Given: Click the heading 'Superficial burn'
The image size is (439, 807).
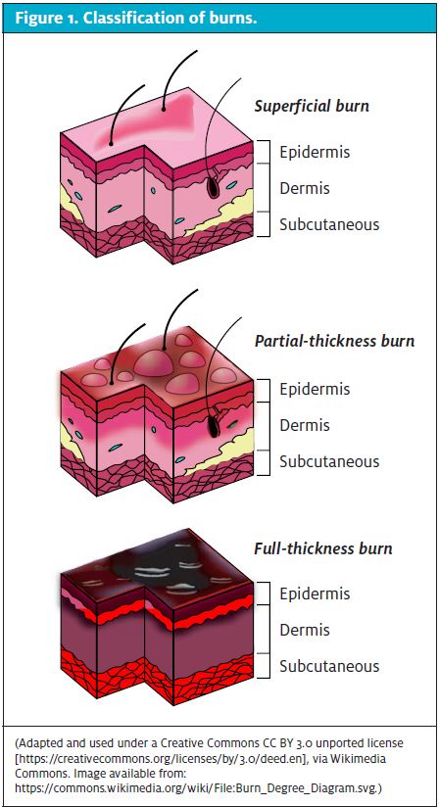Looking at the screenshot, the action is [x=312, y=106].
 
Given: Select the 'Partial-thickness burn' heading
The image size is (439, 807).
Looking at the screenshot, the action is [x=334, y=341].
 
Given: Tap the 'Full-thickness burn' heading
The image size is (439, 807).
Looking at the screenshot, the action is [x=323, y=548].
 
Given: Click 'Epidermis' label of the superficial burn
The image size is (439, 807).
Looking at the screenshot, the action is [x=315, y=153].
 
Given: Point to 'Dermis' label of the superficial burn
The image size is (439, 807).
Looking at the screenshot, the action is [x=304, y=188].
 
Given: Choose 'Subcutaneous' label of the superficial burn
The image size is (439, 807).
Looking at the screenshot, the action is [x=329, y=224].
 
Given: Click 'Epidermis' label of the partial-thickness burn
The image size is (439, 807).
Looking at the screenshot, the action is [x=315, y=389].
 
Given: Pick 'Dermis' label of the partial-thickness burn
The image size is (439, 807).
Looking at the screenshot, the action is [x=304, y=425].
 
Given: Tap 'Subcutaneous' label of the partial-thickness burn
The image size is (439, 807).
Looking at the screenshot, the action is [x=329, y=461].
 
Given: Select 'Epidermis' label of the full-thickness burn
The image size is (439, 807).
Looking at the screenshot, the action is [x=315, y=593].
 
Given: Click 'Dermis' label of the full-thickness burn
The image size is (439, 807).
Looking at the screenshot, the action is [x=304, y=630].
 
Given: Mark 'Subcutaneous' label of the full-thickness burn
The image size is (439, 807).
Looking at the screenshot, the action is [x=329, y=666].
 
